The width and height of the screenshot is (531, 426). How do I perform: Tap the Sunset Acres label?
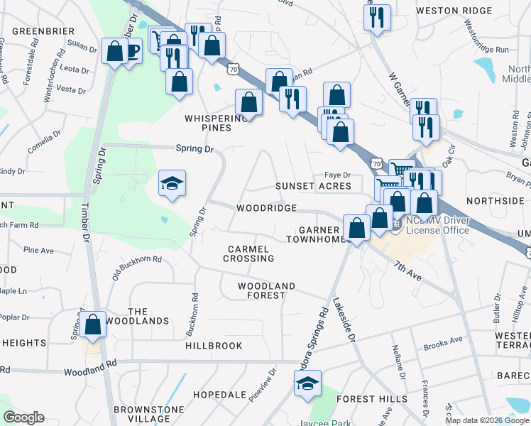(313, 186)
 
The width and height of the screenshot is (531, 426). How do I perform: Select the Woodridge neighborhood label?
(266, 208)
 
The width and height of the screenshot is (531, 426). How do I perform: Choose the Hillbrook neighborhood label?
(214, 346)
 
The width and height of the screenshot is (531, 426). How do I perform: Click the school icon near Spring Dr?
(172, 185)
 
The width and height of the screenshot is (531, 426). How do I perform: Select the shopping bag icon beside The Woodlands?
(93, 325)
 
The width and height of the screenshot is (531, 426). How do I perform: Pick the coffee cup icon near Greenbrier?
(131, 52)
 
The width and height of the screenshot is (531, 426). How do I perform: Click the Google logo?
(24, 417)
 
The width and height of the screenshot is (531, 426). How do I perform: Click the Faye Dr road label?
(338, 175)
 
